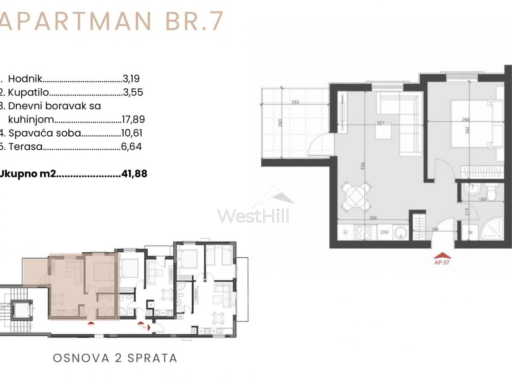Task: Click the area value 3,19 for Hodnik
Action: [x=131, y=79]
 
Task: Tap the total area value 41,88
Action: [x=134, y=174]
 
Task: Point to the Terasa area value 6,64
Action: [x=131, y=147]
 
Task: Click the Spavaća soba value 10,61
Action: [x=131, y=133]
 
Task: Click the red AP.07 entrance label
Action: [x=442, y=263]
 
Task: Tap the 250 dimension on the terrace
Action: [x=295, y=102]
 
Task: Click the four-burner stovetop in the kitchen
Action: [x=364, y=233]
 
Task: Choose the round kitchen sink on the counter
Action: [x=400, y=233]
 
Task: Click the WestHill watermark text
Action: [x=253, y=215]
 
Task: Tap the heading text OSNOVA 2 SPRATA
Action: [x=115, y=358]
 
